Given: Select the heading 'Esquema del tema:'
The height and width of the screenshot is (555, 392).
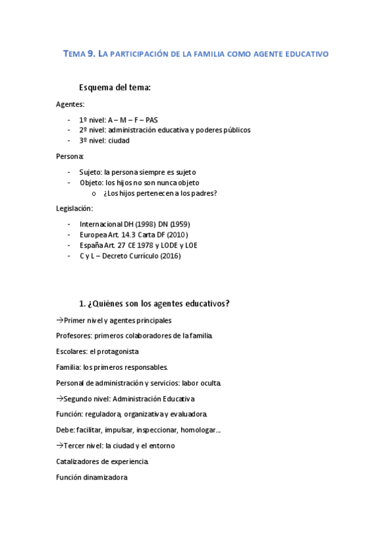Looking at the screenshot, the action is click(115, 88).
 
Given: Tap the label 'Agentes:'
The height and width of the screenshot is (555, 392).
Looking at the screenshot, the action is click(70, 104).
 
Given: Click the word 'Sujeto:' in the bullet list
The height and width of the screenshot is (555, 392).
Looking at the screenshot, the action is click(92, 172).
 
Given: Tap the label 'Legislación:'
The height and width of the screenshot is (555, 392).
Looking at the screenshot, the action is click(75, 209).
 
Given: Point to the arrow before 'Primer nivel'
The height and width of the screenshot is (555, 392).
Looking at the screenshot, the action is click(60, 320).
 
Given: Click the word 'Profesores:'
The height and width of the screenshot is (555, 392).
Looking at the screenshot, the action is click(74, 336).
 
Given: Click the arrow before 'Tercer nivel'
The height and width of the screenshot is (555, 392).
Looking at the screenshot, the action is click(60, 446).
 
